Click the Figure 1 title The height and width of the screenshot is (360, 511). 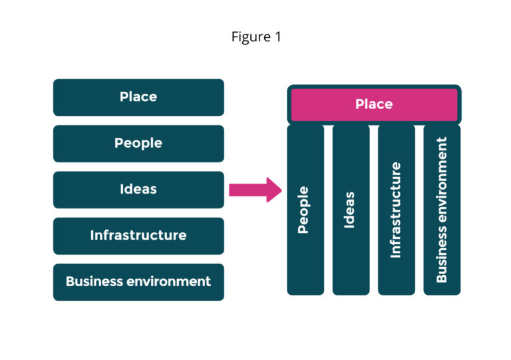tap(256, 37)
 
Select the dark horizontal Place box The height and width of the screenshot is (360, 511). tap(138, 97)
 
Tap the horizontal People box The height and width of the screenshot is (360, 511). tap(138, 143)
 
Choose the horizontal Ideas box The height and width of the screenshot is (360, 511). tap(138, 190)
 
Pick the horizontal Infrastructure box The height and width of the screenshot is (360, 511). tap(138, 236)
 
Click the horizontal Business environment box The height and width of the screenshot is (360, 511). tap(138, 281)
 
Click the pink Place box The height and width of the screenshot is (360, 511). tap(374, 104)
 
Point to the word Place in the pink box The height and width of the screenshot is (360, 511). tap(374, 104)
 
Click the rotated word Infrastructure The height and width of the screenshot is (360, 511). tap(397, 210)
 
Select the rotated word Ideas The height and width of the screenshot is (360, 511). tap(351, 210)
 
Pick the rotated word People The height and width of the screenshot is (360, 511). tap(304, 210)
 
